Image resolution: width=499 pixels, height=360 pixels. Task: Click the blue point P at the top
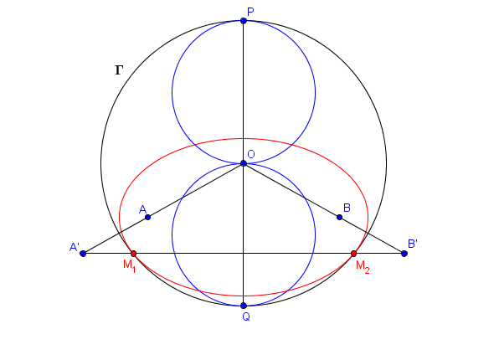click(x=244, y=21)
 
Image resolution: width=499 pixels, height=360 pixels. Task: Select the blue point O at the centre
click(x=244, y=163)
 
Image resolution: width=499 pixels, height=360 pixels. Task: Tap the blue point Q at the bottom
click(x=244, y=306)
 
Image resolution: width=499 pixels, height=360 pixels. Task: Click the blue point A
click(x=147, y=217)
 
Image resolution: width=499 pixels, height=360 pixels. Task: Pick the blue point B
click(x=339, y=217)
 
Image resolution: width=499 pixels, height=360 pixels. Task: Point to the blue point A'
click(x=83, y=254)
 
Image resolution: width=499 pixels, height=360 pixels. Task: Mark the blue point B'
click(x=404, y=254)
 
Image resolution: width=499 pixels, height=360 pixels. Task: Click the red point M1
click(x=134, y=254)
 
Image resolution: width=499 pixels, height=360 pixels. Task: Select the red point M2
click(x=353, y=254)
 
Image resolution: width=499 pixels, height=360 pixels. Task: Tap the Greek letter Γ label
click(x=119, y=70)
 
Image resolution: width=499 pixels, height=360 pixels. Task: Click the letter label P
click(x=250, y=12)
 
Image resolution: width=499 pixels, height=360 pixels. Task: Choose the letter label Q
click(x=246, y=316)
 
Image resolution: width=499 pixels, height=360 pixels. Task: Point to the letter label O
click(x=251, y=154)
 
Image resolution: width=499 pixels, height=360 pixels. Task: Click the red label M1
click(x=130, y=265)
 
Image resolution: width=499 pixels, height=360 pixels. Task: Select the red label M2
click(x=363, y=266)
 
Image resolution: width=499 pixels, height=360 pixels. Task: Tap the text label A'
click(x=75, y=247)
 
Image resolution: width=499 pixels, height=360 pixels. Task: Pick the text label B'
click(x=413, y=244)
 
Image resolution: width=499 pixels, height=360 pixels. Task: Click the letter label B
click(x=347, y=208)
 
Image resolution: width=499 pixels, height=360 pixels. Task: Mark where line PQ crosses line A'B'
click(x=244, y=254)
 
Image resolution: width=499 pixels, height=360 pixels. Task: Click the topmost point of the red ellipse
click(x=244, y=138)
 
